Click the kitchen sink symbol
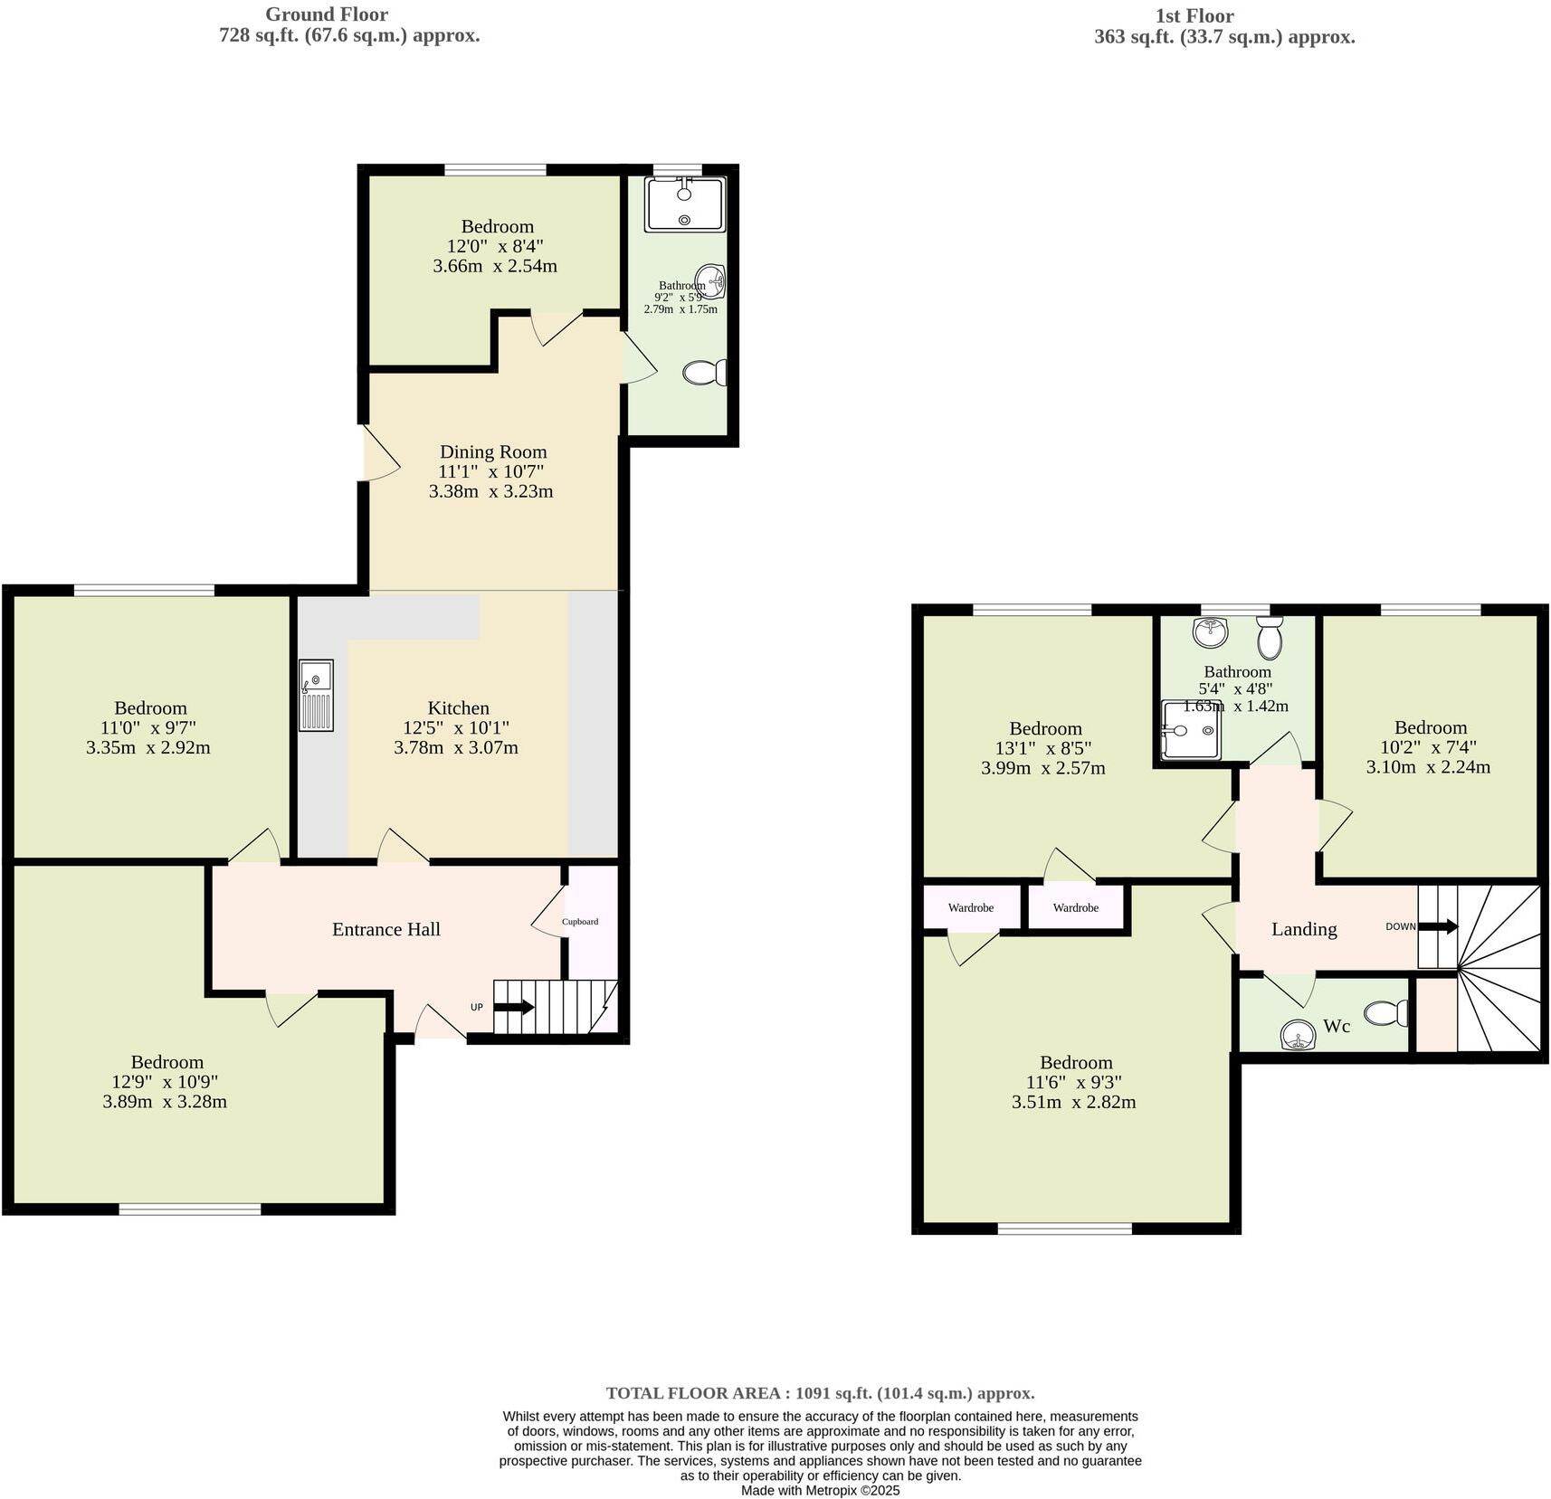[317, 695]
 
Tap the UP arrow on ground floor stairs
[513, 1007]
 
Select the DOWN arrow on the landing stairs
[1438, 926]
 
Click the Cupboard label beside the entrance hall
[580, 922]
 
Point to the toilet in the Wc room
[1385, 1013]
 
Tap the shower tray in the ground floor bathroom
[684, 204]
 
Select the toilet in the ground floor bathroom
[705, 373]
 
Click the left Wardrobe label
[970, 907]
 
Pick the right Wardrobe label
[1075, 907]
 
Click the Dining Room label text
[493, 451]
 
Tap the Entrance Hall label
[385, 929]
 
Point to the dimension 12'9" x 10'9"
[166, 1082]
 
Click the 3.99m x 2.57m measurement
[1042, 768]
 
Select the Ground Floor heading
[327, 14]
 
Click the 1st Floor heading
[1194, 15]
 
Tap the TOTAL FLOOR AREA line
[820, 1393]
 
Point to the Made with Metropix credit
[820, 1490]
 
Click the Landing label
[1303, 929]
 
